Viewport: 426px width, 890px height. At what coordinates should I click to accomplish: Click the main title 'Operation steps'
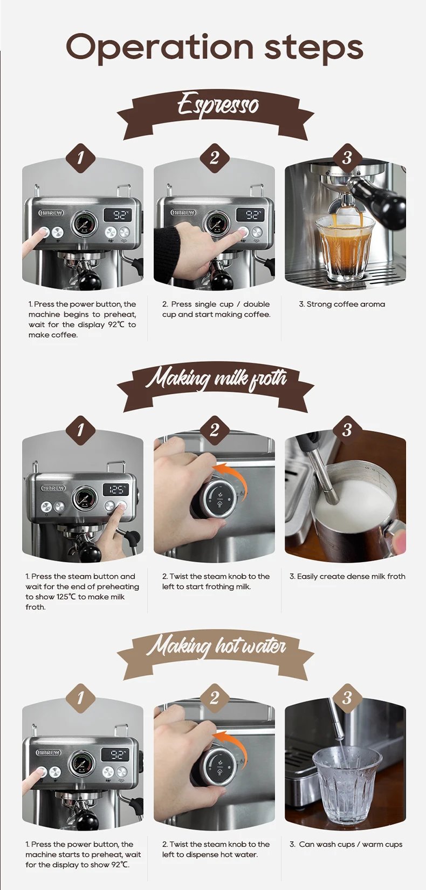[x=214, y=48]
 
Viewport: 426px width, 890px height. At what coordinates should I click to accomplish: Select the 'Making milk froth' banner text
[x=216, y=378]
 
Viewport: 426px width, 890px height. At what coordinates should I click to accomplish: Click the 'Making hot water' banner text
[x=216, y=646]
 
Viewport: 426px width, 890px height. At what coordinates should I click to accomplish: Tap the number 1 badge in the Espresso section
[x=80, y=158]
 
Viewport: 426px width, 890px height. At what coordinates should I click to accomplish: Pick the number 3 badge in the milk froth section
[x=347, y=430]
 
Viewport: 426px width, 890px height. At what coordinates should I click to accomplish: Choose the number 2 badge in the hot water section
[x=214, y=698]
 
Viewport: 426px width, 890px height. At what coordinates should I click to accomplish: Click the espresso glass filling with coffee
[x=345, y=246]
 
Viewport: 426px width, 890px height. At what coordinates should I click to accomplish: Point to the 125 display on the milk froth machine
[x=116, y=490]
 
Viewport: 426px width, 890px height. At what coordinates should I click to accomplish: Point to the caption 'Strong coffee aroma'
[x=342, y=304]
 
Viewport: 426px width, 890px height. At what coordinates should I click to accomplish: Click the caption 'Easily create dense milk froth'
[x=347, y=576]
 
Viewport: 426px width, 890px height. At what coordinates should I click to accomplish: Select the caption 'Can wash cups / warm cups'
[x=346, y=844]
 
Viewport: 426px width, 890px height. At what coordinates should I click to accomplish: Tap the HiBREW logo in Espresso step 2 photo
[x=183, y=213]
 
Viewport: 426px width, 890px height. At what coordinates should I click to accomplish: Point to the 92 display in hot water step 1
[x=116, y=754]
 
